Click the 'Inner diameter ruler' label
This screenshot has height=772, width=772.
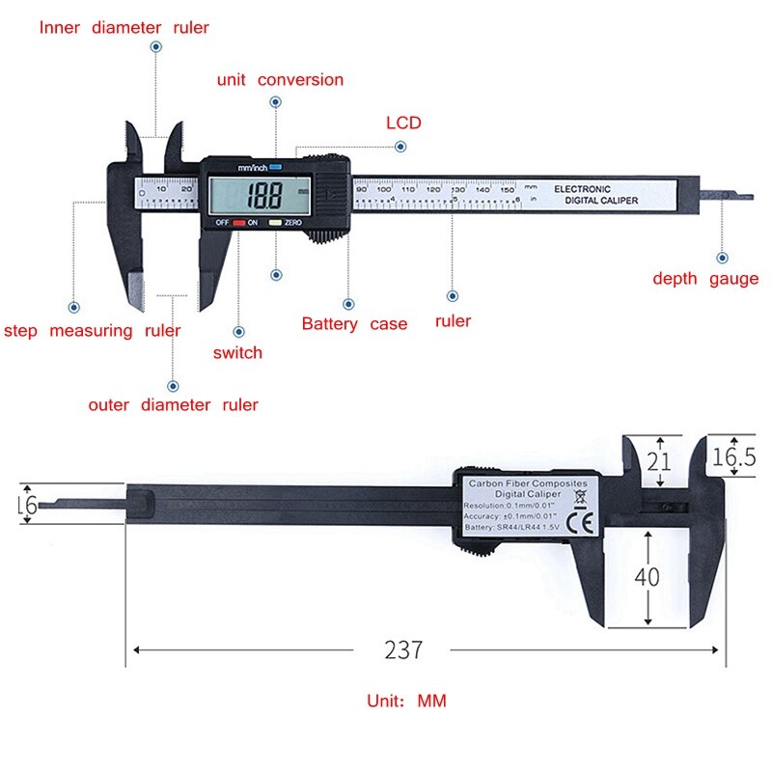click(124, 28)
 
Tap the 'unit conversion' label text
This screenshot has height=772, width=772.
click(280, 80)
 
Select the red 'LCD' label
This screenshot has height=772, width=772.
click(403, 123)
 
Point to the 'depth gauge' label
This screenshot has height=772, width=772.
click(705, 279)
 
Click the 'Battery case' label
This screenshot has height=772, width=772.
click(354, 324)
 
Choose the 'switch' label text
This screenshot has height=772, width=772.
click(237, 352)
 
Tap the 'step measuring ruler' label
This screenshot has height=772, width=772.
click(92, 331)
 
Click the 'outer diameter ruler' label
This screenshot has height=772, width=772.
click(173, 404)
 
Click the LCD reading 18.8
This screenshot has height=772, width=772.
click(262, 197)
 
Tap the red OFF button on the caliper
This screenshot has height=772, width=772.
click(238, 223)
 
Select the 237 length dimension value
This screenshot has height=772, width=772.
click(403, 649)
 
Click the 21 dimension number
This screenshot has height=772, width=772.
click(658, 461)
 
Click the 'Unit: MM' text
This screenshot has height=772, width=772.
click(406, 701)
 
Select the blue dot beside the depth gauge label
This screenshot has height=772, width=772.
click(721, 258)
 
